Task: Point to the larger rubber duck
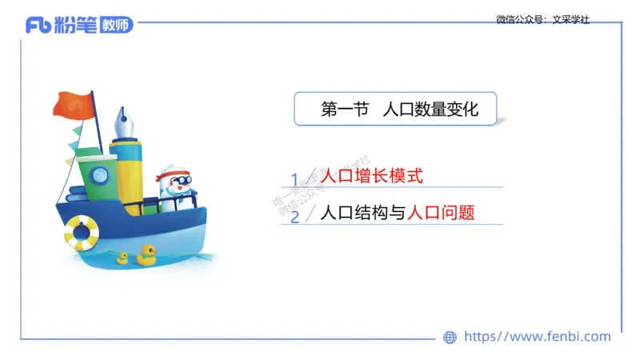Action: click(x=146, y=254)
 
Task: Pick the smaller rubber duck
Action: click(x=122, y=258)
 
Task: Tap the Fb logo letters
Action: click(x=38, y=26)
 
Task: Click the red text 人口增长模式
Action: click(x=370, y=176)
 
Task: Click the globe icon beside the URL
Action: click(x=450, y=337)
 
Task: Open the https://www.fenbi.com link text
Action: click(x=537, y=337)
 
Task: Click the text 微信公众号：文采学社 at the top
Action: click(x=542, y=19)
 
